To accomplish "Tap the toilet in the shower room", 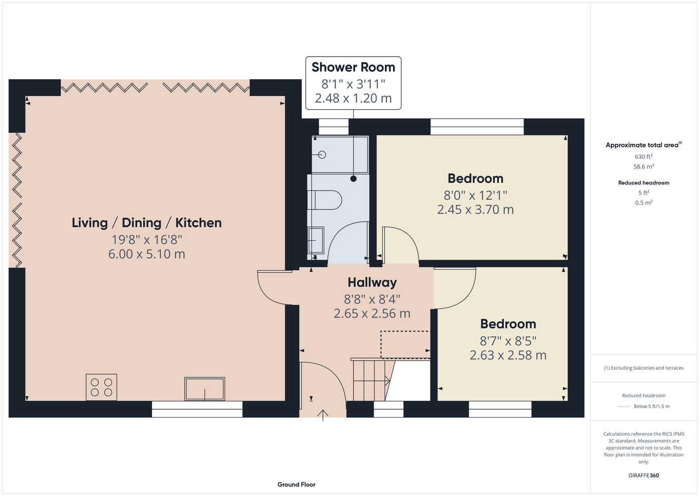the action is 324,200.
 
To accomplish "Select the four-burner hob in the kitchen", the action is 101,387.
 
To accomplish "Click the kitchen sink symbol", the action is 205,389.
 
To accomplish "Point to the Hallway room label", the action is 372,283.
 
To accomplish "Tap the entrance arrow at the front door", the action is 323,415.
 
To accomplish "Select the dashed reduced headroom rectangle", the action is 405,345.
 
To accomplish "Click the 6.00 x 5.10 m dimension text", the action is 147,254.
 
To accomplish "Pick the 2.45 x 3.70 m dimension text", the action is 475,209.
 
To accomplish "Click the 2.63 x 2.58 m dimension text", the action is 508,355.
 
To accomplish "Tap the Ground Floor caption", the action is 297,485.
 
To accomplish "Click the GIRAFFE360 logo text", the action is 644,475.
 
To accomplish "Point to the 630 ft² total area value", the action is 644,156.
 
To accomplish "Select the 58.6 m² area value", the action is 644,167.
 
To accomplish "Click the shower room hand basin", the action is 316,241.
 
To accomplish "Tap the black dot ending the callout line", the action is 353,179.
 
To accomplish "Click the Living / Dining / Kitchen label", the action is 147,223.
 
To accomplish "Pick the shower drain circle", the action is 322,155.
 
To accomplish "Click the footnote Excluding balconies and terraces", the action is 644,368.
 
